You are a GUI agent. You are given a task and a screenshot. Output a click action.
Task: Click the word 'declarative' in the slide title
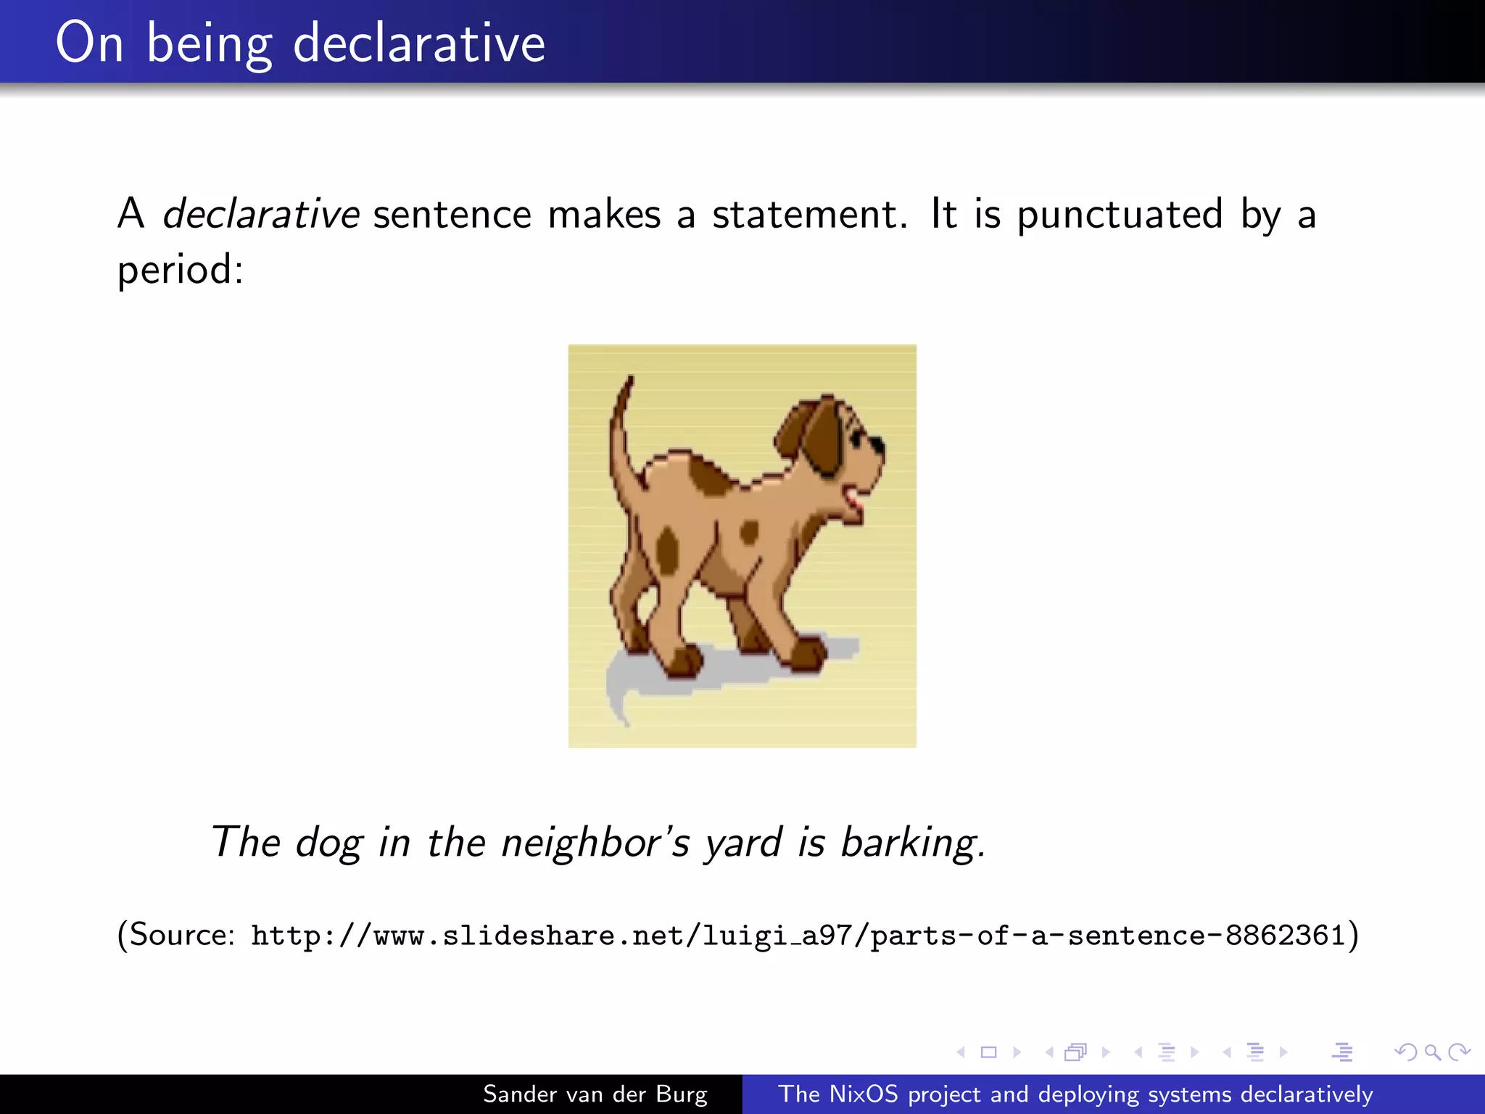click(x=418, y=43)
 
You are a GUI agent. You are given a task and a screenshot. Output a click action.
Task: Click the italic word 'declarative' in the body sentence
click(x=260, y=215)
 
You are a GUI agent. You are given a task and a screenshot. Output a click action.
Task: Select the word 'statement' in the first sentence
click(x=808, y=215)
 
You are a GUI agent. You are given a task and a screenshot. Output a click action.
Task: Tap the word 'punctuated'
click(x=1120, y=215)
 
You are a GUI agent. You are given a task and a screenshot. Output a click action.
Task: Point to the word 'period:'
click(x=180, y=270)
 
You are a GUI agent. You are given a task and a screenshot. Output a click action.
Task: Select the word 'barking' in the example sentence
click(x=911, y=843)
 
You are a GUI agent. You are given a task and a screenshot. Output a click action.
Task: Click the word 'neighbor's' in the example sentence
click(x=595, y=843)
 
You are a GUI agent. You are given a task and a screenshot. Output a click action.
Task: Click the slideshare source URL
click(x=798, y=936)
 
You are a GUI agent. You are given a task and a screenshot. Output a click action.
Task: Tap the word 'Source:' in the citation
click(x=181, y=935)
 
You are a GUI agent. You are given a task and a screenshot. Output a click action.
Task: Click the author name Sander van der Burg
click(x=595, y=1094)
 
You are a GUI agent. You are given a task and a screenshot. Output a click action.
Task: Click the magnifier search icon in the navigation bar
click(x=1432, y=1052)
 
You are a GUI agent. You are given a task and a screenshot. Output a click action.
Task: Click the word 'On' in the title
click(x=89, y=43)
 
